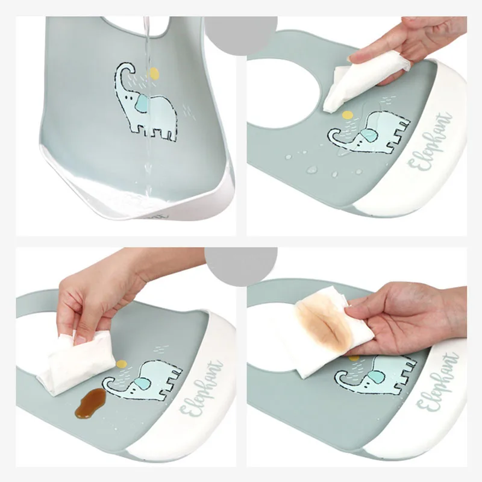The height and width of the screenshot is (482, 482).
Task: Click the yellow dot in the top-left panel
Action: pos(154,74)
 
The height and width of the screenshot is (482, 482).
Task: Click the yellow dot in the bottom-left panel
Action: pos(122,363)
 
